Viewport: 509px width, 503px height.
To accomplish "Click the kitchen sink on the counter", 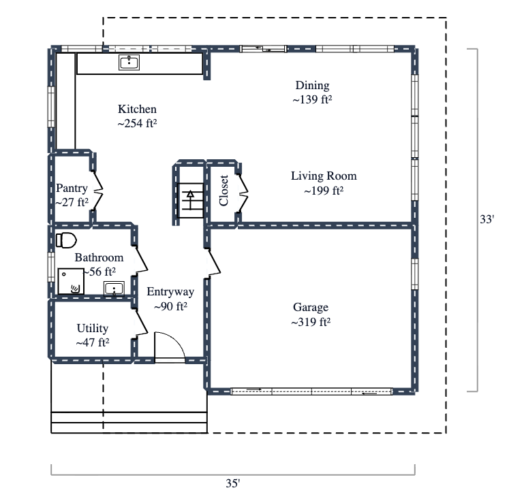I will (x=129, y=63).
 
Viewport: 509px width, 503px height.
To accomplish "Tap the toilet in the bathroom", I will (x=66, y=240).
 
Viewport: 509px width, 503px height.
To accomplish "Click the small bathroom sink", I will (x=114, y=289).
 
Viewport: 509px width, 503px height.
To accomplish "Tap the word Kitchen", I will (x=137, y=110).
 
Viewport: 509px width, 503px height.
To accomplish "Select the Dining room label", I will (x=312, y=86).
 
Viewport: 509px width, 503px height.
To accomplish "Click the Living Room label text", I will (x=324, y=176).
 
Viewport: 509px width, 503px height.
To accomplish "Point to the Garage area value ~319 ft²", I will (x=311, y=322).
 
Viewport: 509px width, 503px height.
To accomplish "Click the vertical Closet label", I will (x=223, y=191).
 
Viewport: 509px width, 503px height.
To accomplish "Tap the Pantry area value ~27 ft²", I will (x=72, y=202).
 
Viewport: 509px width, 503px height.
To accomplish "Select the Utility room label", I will (x=93, y=329).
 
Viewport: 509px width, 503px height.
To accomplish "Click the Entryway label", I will (x=170, y=292).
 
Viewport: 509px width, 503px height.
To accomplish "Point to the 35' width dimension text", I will (x=233, y=484).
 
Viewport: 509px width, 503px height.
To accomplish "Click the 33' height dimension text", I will (x=487, y=220).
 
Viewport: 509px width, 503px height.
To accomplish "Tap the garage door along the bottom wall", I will (x=311, y=391).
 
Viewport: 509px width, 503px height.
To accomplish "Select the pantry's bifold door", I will (x=97, y=191).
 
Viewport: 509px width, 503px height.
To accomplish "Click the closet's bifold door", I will (x=243, y=191).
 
